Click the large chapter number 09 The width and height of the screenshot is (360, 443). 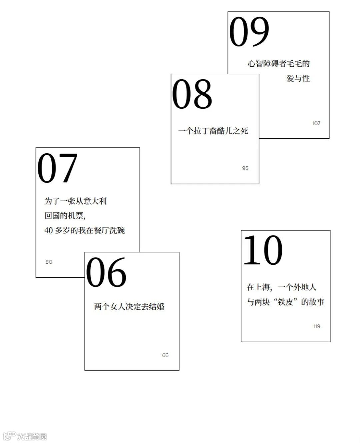[249, 32]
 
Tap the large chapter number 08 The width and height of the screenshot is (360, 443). [192, 94]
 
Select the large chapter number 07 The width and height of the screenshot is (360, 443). [57, 169]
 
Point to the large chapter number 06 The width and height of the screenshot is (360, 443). [106, 273]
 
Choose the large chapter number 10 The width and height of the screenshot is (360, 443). [263, 250]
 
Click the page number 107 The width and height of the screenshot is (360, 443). [316, 123]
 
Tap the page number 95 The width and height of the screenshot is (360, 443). [245, 168]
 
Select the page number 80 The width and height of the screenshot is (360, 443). [49, 262]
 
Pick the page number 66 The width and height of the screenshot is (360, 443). [165, 355]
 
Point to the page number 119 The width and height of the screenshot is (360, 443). [317, 326]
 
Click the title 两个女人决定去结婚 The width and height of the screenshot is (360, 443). [129, 307]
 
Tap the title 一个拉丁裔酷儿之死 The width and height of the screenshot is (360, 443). [213, 131]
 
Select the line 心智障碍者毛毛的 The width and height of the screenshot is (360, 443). [279, 64]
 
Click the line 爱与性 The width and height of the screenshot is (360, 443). [298, 79]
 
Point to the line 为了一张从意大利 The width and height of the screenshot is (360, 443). [76, 201]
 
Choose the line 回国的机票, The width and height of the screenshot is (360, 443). [65, 216]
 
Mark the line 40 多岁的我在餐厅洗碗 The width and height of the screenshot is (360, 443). [85, 230]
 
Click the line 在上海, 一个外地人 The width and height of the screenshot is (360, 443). [281, 287]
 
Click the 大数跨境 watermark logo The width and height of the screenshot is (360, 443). [25, 436]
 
